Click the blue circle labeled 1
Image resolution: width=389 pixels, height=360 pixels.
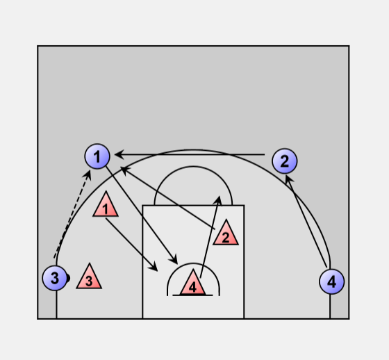tap(97, 156)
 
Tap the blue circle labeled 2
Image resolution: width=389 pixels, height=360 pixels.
tap(285, 161)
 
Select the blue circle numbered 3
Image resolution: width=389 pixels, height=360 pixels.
tap(55, 278)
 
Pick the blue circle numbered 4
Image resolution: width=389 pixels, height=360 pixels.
tap(332, 281)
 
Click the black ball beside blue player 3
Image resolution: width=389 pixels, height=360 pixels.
tap(68, 278)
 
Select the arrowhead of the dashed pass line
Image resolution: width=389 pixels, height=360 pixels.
tap(88, 174)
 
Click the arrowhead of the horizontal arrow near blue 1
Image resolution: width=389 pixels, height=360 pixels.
tap(119, 154)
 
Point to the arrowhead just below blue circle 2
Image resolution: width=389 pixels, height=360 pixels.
tap(288, 179)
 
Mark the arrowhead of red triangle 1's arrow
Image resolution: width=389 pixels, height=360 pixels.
tap(154, 267)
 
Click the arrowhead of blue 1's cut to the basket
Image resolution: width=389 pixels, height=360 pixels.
tap(174, 259)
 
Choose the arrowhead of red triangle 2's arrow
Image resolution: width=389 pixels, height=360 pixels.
tap(125, 170)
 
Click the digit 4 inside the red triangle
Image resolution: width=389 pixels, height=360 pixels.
tap(193, 287)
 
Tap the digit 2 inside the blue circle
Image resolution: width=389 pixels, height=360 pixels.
tap(285, 161)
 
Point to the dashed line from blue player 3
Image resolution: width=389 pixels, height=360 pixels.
tap(72, 216)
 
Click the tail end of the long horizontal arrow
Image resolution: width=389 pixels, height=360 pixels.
tap(265, 154)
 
